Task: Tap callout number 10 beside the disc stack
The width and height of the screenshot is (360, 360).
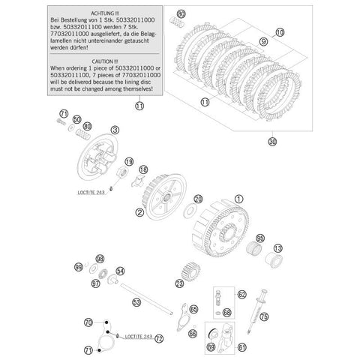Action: pyautogui.click(x=279, y=31)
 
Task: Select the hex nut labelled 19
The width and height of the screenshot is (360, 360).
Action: pyautogui.click(x=128, y=162)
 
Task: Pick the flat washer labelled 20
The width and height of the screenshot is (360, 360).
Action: pyautogui.click(x=198, y=199)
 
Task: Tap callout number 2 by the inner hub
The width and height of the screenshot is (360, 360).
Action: pyautogui.click(x=139, y=213)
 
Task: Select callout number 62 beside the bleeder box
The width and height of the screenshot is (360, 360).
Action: pyautogui.click(x=242, y=295)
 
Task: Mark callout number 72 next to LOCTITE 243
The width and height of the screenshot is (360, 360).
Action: pyautogui.click(x=159, y=338)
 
